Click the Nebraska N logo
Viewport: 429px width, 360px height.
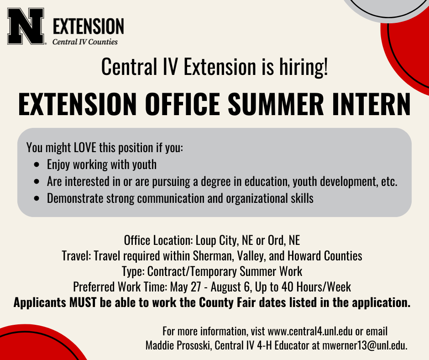pyautogui.click(x=26, y=26)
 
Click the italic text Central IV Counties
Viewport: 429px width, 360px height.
pyautogui.click(x=85, y=42)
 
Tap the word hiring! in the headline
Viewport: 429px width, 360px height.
pyautogui.click(x=303, y=67)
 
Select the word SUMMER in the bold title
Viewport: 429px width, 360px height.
pyautogui.click(x=276, y=104)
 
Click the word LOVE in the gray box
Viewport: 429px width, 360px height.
pyautogui.click(x=85, y=148)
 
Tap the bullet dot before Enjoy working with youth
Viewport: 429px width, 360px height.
pyautogui.click(x=37, y=165)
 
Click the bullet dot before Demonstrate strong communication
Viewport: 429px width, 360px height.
pyautogui.click(x=37, y=199)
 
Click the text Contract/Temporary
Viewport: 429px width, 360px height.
pyautogui.click(x=192, y=271)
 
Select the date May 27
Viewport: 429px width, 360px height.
pyautogui.click(x=185, y=287)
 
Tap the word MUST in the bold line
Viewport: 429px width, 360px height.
pyautogui.click(x=83, y=302)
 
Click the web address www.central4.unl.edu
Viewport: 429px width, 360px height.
pyautogui.click(x=310, y=331)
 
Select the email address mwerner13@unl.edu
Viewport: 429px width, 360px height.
pyautogui.click(x=365, y=345)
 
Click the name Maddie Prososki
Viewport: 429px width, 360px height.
pyautogui.click(x=178, y=345)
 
